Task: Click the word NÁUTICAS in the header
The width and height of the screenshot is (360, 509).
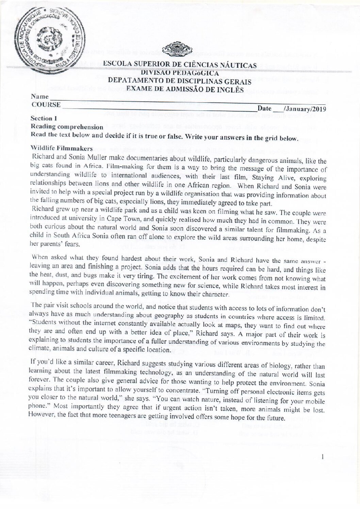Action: coord(235,65)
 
